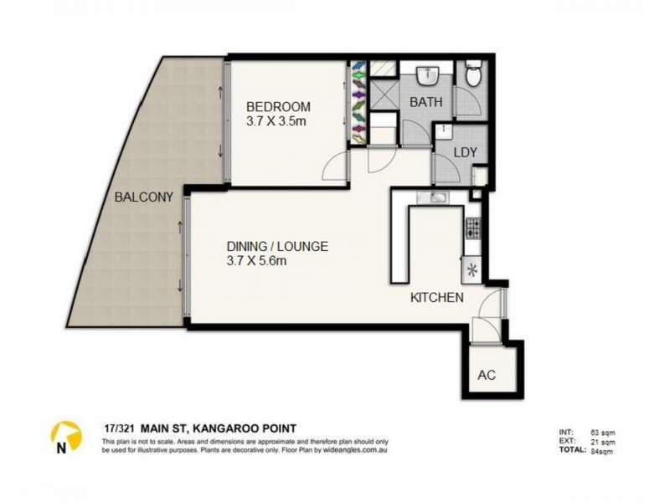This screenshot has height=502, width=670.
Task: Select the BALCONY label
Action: [144, 198]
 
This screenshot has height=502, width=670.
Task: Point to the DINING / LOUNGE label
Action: [276, 247]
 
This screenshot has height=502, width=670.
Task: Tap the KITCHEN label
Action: [436, 297]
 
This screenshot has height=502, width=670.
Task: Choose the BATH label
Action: [425, 102]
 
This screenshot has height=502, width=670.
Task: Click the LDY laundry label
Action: [466, 153]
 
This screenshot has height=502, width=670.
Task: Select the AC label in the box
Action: [487, 375]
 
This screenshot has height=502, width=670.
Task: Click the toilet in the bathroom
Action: [474, 76]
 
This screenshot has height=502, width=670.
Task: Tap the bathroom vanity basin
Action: [427, 74]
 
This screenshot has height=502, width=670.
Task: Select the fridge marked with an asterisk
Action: [473, 270]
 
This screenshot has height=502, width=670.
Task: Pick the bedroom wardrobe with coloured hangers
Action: [359, 103]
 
